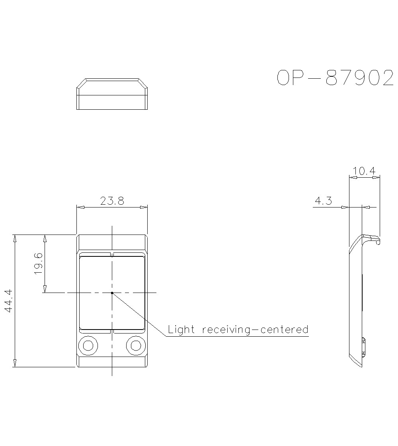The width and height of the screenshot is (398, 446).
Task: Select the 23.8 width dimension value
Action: tap(112, 201)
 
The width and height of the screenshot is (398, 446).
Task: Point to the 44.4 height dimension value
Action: tap(9, 301)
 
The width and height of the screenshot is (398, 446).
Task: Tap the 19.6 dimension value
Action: tap(39, 263)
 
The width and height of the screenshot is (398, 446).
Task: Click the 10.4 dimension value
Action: tap(364, 171)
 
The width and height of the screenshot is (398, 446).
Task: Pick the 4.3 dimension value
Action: tap(323, 201)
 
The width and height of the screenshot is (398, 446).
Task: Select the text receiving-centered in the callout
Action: tap(255, 330)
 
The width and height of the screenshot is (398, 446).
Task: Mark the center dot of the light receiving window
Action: tap(112, 293)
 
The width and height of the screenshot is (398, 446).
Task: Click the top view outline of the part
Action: tap(112, 94)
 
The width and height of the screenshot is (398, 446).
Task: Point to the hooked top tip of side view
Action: tap(377, 240)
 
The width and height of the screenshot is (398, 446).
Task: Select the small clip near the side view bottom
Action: tap(364, 346)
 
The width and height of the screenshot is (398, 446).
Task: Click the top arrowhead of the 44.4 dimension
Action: tap(15, 238)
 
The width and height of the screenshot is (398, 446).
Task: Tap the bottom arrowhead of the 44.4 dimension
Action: tap(15, 363)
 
